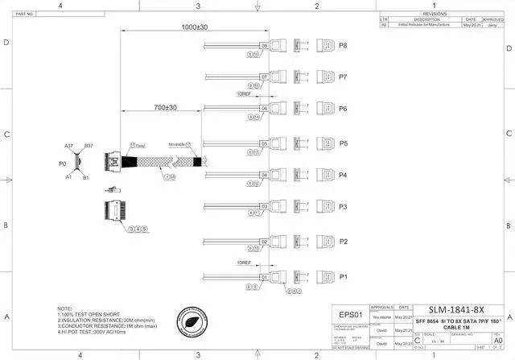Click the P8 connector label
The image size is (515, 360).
[x=343, y=46]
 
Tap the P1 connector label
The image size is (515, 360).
[x=343, y=277]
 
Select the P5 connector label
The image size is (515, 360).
[x=343, y=144]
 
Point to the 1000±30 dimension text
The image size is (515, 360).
[x=194, y=27]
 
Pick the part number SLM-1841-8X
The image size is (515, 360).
[x=455, y=310]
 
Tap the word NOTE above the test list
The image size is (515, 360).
[x=65, y=308]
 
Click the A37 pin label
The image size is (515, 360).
[x=69, y=146]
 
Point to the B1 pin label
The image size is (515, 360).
[x=87, y=177]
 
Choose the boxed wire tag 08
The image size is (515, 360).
[x=263, y=46]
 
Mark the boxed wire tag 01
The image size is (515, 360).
[x=263, y=277]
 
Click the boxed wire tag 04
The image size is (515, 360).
[x=263, y=175]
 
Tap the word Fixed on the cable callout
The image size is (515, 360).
[x=141, y=145]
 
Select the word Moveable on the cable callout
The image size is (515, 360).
[x=176, y=145]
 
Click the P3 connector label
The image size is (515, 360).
[x=343, y=207]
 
